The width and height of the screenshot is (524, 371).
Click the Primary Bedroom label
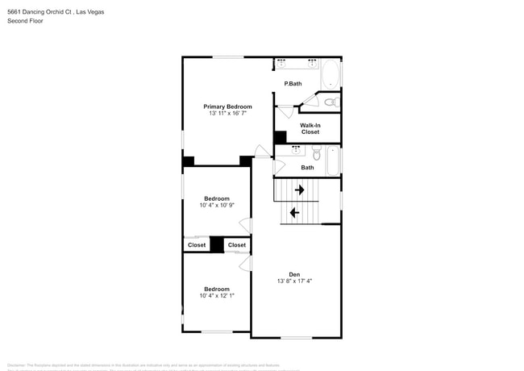[x=227, y=106]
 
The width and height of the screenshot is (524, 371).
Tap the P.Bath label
[x=293, y=84]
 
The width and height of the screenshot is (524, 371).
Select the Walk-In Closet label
[x=310, y=128]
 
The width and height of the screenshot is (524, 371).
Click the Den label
[x=294, y=274]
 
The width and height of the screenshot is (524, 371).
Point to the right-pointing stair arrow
[x=299, y=190]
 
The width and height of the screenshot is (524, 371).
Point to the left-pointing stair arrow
[x=294, y=213]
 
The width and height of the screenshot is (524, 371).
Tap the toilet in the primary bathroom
[x=330, y=102]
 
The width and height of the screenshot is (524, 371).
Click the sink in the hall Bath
[x=296, y=149]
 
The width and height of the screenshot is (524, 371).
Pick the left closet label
[x=197, y=245]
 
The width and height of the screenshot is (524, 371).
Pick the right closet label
[x=237, y=245]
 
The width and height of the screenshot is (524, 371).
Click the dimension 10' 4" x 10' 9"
[x=216, y=206]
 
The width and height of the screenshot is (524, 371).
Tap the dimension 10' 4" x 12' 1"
[x=216, y=296]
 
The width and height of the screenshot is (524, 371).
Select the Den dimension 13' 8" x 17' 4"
[x=294, y=281]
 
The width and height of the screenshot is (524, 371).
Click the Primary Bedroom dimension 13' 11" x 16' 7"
[x=227, y=114]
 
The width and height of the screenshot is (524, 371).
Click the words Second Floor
[x=26, y=21]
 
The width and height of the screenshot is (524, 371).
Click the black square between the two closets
[x=217, y=244]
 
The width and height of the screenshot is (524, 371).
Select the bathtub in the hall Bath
[x=332, y=160]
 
